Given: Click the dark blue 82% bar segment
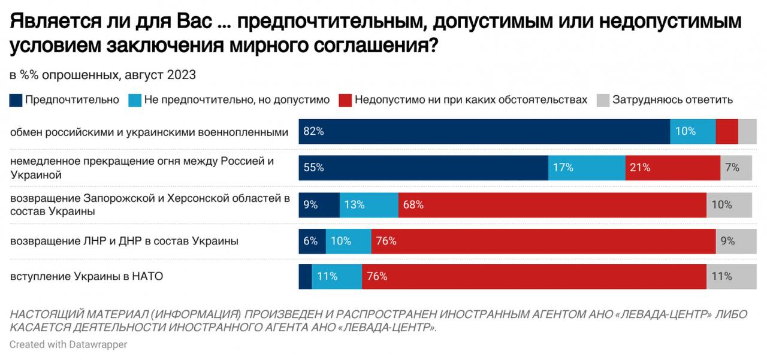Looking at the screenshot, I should coord(484,131).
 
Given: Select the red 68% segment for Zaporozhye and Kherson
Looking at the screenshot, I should coord(552,204).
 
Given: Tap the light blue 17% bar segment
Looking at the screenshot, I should coord(587,168).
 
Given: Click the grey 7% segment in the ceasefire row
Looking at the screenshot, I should coord(736,168).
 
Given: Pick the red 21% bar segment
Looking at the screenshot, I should coord(672,168).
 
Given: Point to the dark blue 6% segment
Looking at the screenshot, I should coord(312,241).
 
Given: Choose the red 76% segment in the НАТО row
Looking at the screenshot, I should coord(534,277).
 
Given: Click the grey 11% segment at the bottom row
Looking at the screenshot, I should coord(729,277).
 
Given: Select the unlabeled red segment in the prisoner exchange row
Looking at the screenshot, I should coord(727,131).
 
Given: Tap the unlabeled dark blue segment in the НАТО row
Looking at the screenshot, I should coord(306,277).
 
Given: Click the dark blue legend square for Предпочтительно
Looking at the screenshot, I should coord(16,100).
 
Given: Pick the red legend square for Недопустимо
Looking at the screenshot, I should coord(345,100).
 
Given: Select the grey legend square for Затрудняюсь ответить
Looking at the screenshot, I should coord(603,100).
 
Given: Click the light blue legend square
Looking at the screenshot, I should coord(135,100).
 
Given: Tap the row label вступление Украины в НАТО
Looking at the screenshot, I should coord(87,277).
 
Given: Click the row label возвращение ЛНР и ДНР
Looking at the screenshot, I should coord(125,241).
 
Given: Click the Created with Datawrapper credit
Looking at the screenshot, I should coord(68,344).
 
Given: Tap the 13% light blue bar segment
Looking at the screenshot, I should coord(369,204).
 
